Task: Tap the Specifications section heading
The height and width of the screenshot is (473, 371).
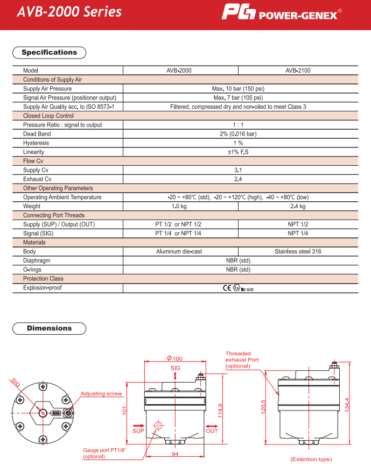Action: click(49, 53)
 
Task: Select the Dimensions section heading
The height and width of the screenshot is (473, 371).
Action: click(49, 328)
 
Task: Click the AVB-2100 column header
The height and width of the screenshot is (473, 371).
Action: click(298, 70)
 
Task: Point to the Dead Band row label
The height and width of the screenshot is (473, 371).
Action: click(37, 134)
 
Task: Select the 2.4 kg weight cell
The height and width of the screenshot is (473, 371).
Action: click(298, 206)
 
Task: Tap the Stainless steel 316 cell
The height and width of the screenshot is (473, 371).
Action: click(298, 251)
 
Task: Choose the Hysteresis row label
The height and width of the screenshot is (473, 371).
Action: click(36, 143)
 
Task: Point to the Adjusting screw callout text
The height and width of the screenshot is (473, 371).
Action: click(101, 394)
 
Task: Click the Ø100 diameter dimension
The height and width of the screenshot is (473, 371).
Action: click(174, 358)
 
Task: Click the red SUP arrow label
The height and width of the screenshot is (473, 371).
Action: click(138, 431)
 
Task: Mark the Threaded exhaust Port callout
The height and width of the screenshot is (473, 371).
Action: click(242, 359)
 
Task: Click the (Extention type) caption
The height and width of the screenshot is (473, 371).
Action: click(311, 459)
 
